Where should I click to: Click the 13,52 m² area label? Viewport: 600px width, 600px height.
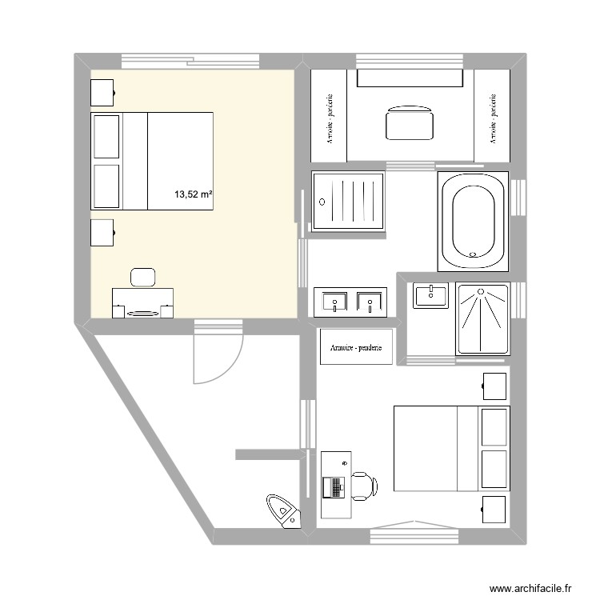click(x=193, y=194)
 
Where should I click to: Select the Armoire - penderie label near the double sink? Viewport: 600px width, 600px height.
click(x=356, y=347)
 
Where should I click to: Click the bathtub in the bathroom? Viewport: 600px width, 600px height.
click(x=474, y=222)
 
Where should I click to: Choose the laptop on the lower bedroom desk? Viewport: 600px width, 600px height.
click(x=333, y=486)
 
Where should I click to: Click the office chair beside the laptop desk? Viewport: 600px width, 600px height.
click(x=363, y=485)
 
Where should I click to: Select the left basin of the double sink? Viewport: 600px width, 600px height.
click(x=334, y=302)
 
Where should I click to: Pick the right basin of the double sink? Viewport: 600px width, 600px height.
click(x=370, y=302)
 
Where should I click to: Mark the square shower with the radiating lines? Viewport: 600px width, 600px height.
click(x=482, y=318)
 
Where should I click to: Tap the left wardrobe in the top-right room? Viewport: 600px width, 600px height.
click(x=329, y=117)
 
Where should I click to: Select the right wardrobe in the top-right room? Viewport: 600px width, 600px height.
click(x=492, y=117)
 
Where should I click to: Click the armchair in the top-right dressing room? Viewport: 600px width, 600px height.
click(x=410, y=124)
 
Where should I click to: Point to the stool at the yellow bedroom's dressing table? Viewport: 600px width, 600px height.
click(x=143, y=276)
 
